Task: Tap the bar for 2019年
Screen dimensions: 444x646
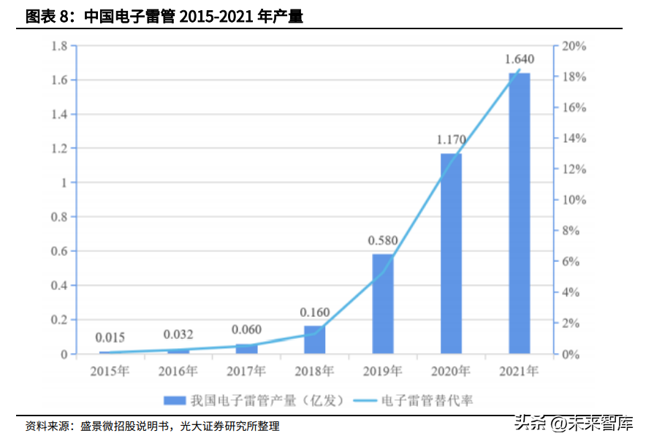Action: point(383,304)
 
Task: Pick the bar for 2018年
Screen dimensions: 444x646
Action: point(314,340)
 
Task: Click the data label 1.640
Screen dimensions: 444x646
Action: point(520,59)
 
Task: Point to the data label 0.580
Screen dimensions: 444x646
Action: point(382,240)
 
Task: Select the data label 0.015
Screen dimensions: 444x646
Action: point(110,337)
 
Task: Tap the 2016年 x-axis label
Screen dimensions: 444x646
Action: point(178,371)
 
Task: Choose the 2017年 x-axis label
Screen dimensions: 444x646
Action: point(246,371)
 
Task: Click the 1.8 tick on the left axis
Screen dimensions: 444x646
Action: point(60,46)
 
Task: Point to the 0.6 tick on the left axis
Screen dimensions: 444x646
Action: point(60,251)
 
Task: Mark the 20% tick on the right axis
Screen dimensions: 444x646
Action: point(574,46)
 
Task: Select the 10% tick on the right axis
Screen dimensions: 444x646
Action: point(574,200)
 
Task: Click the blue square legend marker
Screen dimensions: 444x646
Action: point(173,400)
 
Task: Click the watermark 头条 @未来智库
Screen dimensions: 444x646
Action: point(574,424)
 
